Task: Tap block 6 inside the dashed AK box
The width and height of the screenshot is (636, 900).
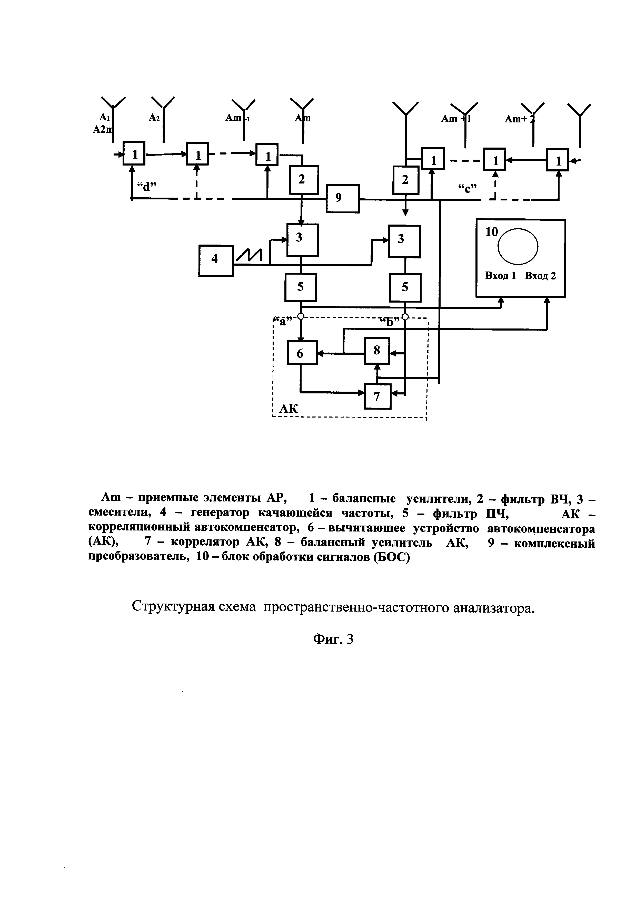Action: (x=302, y=353)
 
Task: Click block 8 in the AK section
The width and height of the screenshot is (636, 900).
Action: (x=377, y=350)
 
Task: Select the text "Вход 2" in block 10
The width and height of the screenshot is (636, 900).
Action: (x=540, y=276)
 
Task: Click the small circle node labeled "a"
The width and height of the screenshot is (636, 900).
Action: (x=300, y=316)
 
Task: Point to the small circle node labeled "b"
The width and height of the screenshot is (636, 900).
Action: (x=405, y=316)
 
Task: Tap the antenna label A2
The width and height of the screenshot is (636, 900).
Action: (x=154, y=117)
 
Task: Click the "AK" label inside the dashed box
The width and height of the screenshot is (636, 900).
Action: (x=288, y=409)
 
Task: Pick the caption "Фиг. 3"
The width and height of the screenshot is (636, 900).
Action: (x=333, y=639)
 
